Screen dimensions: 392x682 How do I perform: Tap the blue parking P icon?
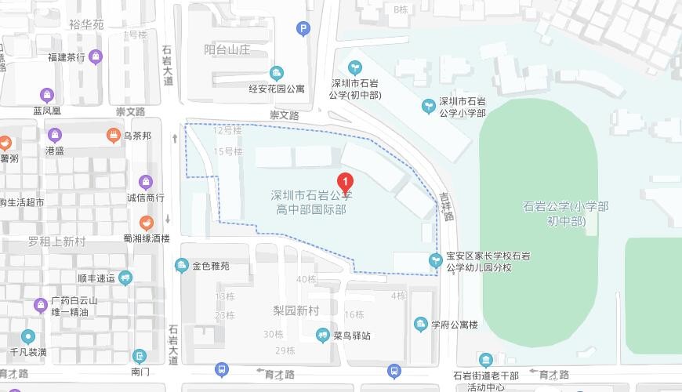(303, 30)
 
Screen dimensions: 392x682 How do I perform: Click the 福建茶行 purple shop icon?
(96, 56)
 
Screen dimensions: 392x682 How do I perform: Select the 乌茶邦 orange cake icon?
(113, 136)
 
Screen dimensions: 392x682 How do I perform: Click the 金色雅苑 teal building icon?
(182, 266)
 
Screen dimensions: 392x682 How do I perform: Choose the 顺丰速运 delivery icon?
(125, 278)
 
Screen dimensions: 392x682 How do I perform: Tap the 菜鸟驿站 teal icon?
(322, 336)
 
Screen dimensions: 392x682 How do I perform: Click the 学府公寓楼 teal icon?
(420, 324)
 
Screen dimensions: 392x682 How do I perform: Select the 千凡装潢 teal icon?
(29, 336)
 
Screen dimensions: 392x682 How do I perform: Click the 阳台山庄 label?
(227, 49)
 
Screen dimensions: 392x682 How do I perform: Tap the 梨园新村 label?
(296, 310)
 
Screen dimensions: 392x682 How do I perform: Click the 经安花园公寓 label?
(277, 89)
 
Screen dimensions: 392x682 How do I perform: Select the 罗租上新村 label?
(56, 241)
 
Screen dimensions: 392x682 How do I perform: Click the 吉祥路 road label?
(447, 207)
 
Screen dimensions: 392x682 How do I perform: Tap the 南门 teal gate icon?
(140, 357)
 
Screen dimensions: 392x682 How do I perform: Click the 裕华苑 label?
(86, 24)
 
